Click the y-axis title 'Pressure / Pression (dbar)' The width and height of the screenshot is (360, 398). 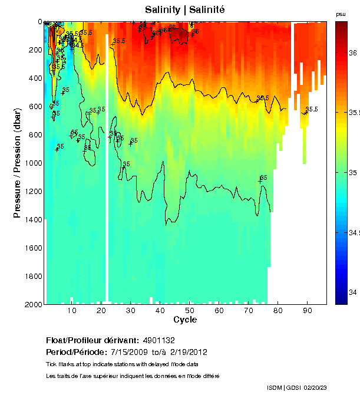click(x=17, y=163)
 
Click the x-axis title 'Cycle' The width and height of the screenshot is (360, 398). click(x=185, y=320)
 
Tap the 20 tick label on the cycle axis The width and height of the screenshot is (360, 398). click(x=101, y=311)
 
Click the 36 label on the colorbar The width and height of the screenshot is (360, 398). click(x=352, y=53)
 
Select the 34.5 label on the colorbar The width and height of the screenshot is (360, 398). click(x=354, y=233)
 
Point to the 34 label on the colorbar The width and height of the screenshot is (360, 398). click(x=352, y=292)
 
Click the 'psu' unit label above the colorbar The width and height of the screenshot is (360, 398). click(x=341, y=14)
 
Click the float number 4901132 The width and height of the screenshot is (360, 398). click(x=158, y=340)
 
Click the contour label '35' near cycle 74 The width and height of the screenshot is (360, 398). click(x=263, y=177)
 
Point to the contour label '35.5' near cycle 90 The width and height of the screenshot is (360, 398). click(x=311, y=109)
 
